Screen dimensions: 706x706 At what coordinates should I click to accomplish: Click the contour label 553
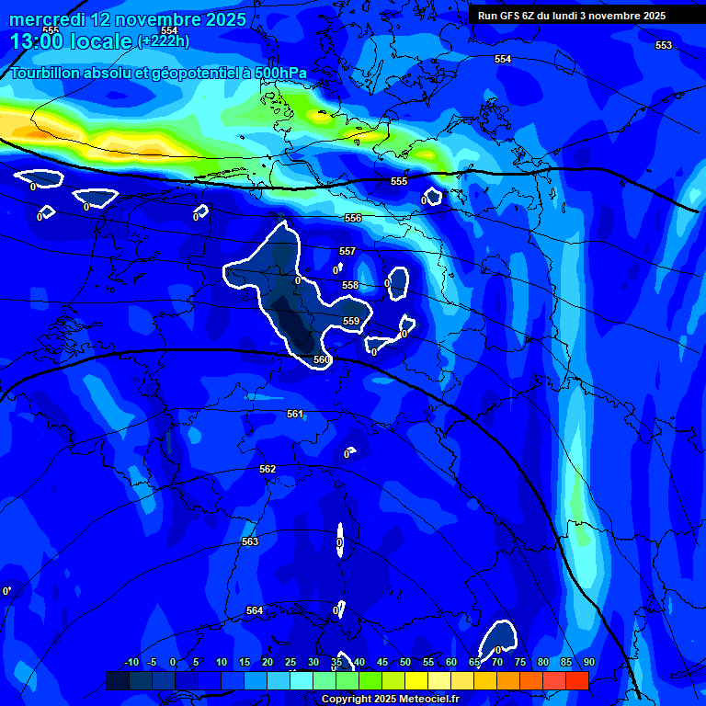point(664,45)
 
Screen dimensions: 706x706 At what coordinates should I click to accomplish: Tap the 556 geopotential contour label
point(353,218)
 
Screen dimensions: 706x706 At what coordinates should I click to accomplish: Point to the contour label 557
point(347,251)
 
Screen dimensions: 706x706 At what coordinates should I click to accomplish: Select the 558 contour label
point(350,286)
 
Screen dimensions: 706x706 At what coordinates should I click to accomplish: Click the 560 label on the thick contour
point(322,359)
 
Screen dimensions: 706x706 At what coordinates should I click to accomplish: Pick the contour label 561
point(295,414)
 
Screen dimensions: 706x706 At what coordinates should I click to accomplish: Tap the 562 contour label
point(268,469)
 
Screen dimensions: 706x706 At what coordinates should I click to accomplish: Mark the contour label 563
point(250,541)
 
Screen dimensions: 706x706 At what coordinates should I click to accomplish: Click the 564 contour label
point(255,610)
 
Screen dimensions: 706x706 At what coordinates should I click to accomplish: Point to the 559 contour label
point(351,321)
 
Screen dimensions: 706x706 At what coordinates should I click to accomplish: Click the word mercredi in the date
point(47,19)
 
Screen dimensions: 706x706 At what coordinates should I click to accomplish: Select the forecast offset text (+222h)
point(163,40)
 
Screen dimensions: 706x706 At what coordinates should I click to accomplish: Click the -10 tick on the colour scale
point(131,662)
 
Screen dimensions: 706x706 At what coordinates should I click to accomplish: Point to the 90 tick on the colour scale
point(588,662)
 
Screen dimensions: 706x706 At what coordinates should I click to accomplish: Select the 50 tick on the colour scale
point(405,662)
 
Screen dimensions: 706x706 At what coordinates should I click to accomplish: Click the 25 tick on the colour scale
point(290,662)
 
